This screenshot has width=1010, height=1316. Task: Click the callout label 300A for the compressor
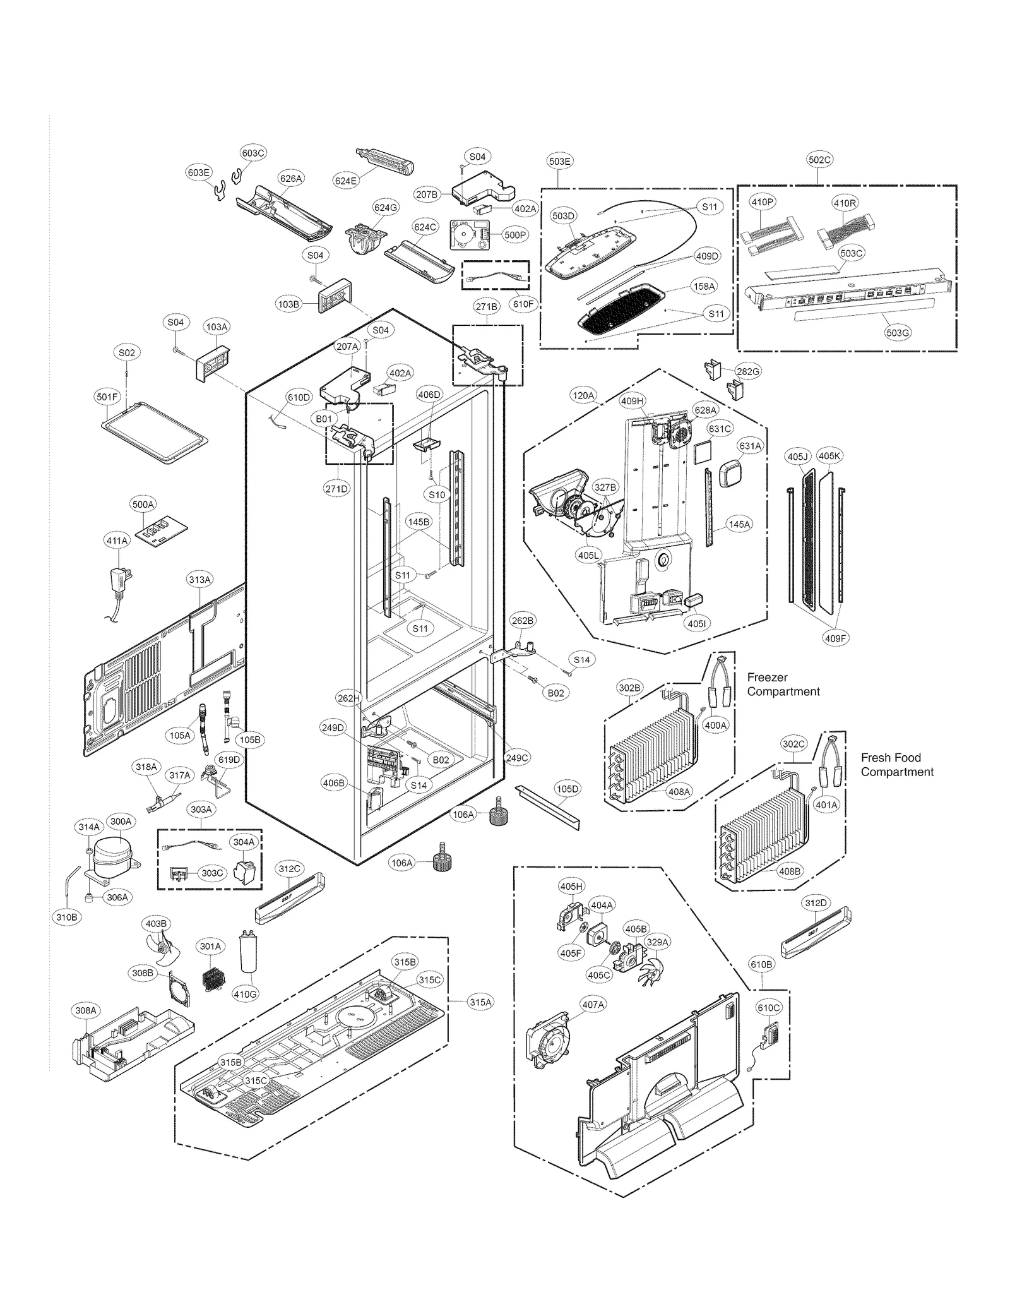(121, 822)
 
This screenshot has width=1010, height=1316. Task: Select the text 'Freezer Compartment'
(783, 685)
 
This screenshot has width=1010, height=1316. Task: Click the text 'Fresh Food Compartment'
(896, 765)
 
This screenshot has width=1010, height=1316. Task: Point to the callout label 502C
(819, 160)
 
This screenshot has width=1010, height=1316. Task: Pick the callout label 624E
(346, 181)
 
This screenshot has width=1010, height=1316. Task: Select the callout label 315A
(480, 1002)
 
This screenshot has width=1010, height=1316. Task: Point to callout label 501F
(107, 397)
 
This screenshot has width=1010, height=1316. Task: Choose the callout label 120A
(583, 396)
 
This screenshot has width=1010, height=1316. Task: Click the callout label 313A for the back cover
(199, 580)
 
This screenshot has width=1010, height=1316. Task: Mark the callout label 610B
(761, 964)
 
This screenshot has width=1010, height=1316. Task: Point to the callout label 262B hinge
(523, 621)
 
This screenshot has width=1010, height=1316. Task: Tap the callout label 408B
(789, 871)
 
